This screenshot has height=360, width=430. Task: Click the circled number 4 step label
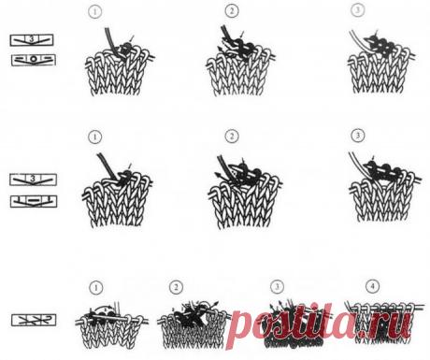coord(373,286)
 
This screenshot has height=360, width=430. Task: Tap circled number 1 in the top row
coord(95,12)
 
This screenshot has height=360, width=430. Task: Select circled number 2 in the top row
coord(232,11)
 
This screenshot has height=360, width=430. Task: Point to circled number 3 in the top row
coord(358,10)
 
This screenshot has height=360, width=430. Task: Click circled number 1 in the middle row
coord(95,137)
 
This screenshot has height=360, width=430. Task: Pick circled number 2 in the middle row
coord(232,137)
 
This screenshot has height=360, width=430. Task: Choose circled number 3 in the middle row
coord(358,136)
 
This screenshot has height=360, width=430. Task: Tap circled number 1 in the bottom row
coord(96,287)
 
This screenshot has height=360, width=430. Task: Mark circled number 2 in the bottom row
coord(177,287)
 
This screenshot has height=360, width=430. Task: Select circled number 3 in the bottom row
coord(278,286)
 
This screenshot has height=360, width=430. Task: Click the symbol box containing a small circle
coord(34,60)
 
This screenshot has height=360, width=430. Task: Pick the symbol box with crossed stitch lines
coord(34,320)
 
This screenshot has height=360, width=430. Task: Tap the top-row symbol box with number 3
coord(32,40)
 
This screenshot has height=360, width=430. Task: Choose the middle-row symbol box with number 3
coord(33,180)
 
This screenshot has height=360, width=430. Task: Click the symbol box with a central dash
coord(34,201)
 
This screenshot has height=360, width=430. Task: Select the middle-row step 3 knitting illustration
coord(385,187)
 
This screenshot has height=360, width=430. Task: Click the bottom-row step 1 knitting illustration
coord(111,325)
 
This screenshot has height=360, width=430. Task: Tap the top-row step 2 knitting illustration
coord(240,62)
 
